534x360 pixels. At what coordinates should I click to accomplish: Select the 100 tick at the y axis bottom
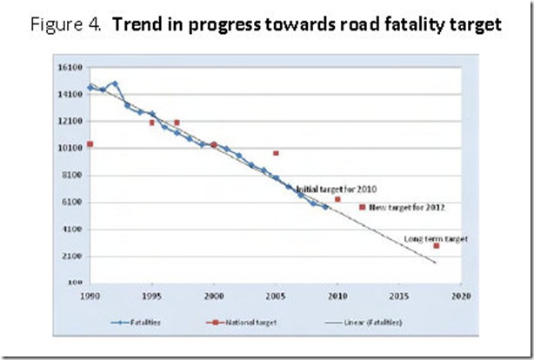tap(76, 283)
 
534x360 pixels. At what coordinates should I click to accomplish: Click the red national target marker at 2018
tap(437, 246)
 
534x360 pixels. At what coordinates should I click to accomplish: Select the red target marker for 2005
tap(276, 153)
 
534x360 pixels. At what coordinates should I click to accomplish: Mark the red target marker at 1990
tap(90, 144)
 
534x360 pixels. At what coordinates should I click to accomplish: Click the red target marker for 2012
tap(362, 207)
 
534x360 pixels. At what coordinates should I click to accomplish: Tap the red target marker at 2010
tap(337, 199)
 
